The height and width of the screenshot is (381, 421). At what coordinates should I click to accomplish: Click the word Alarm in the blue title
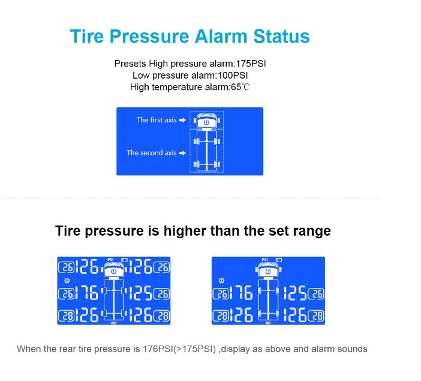pos(220,36)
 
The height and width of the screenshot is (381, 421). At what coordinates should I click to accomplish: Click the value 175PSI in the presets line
pos(251,64)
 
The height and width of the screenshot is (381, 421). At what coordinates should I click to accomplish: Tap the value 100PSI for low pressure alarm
pos(233,76)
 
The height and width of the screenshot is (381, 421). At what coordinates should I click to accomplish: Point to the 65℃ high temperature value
pos(240,88)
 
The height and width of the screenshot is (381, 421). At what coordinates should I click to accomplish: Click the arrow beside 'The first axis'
pos(182,120)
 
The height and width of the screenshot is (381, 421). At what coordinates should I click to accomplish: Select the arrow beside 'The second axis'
pos(182,153)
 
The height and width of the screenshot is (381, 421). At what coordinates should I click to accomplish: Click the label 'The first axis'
pos(157,120)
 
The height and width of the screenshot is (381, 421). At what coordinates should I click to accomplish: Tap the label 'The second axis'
pos(152,153)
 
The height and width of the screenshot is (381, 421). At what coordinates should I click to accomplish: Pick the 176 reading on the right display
pos(241,293)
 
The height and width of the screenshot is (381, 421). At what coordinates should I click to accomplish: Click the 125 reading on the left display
pos(141,293)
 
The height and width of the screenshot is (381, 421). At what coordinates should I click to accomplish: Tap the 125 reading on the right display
pos(295,293)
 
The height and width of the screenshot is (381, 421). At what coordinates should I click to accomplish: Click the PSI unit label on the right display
pos(264,260)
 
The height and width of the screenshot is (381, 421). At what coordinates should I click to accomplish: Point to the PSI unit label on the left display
pos(110,260)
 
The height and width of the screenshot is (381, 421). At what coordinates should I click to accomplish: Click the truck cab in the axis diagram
pos(206,121)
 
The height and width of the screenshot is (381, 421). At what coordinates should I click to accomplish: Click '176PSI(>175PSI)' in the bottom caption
pos(179,349)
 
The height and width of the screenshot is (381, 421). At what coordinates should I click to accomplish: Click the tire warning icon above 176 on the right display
pos(221,281)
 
